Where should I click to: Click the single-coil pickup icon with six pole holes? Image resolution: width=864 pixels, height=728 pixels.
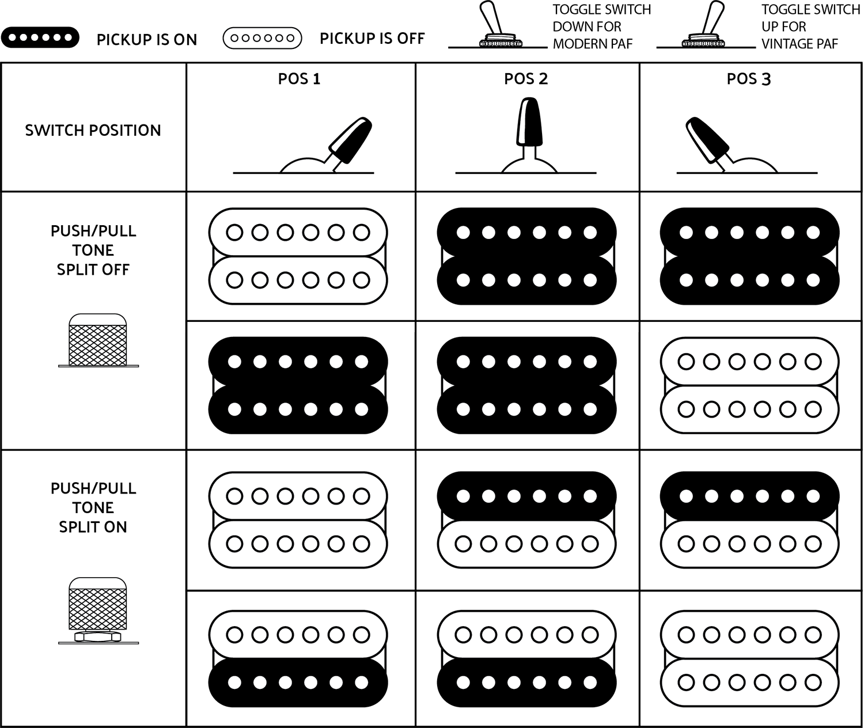(x=262, y=38)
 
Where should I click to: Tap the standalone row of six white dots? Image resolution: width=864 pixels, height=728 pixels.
(x=40, y=37)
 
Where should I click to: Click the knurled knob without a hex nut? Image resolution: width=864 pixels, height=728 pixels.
(x=98, y=341)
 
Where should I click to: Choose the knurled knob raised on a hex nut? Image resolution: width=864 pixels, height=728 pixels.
(x=98, y=608)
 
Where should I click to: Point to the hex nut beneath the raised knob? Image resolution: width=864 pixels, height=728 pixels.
(x=98, y=637)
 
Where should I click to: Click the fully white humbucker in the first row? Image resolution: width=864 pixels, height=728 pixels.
(x=298, y=256)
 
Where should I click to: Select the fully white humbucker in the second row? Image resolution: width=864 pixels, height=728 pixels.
(x=749, y=385)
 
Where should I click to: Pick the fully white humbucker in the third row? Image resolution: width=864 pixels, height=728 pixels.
(x=298, y=520)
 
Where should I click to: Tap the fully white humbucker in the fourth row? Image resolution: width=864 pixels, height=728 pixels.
(x=749, y=658)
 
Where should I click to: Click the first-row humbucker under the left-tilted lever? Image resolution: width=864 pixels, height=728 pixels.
(x=749, y=256)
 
